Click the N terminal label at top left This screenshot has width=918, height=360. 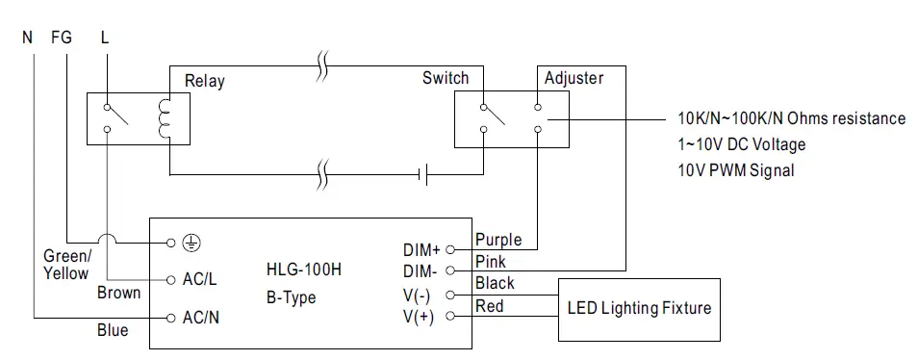(x=27, y=39)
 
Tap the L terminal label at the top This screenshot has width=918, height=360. (x=104, y=39)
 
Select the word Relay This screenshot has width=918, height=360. (x=204, y=81)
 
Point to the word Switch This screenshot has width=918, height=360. (x=446, y=78)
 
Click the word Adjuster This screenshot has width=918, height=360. (x=574, y=78)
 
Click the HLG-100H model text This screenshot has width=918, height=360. (x=302, y=270)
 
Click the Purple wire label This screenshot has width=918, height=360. (x=497, y=238)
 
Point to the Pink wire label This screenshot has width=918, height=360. (x=490, y=261)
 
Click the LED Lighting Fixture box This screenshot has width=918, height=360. (x=639, y=308)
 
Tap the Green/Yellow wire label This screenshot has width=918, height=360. (x=68, y=265)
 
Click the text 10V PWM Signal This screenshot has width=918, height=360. (x=736, y=170)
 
